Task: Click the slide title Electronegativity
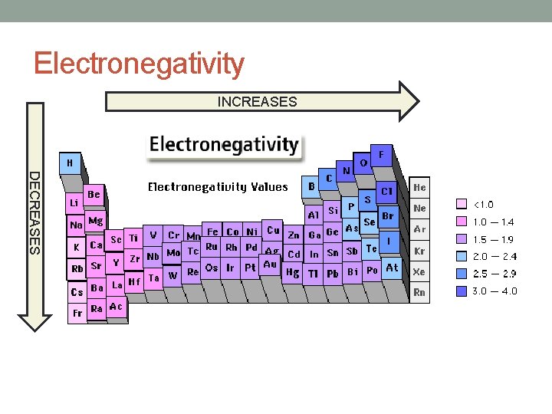[x=139, y=64]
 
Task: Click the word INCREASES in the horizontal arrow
[x=257, y=101]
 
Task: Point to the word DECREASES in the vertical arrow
[x=34, y=213]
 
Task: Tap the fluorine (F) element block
[x=381, y=154]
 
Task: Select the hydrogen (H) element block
[x=70, y=163]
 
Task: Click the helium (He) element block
[x=420, y=187]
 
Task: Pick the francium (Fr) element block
[x=77, y=314]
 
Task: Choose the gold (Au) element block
[x=269, y=264]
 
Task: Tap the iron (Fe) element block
[x=213, y=232]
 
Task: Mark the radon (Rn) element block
[x=419, y=292]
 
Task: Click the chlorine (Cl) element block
[x=386, y=192]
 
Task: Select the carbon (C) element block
[x=329, y=178]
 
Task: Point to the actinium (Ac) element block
[x=116, y=306]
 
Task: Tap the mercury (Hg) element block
[x=292, y=272]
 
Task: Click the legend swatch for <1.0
[x=462, y=205]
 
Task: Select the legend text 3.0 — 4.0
[x=495, y=291]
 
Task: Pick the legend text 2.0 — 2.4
[x=495, y=257]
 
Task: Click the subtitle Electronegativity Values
[x=218, y=187]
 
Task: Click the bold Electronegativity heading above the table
[x=223, y=144]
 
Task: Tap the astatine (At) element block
[x=392, y=268]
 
